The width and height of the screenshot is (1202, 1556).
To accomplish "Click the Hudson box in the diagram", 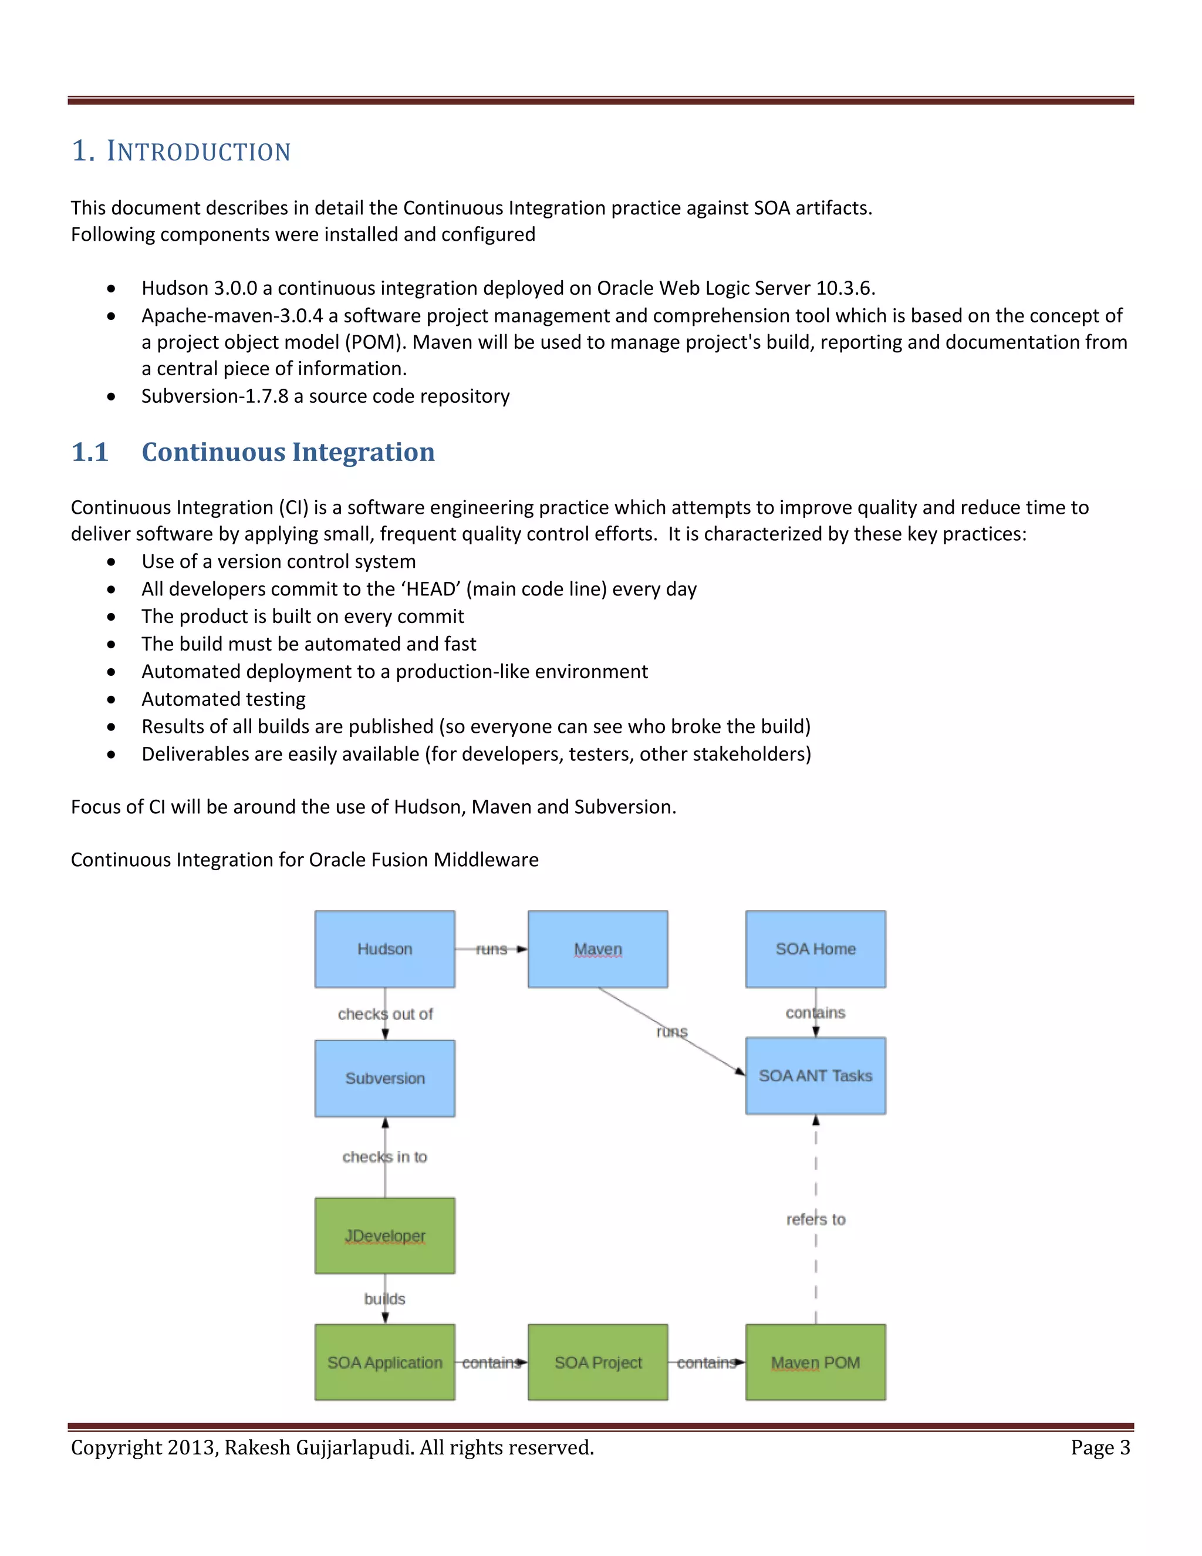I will click(384, 949).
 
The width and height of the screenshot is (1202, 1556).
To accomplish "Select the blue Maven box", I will click(597, 949).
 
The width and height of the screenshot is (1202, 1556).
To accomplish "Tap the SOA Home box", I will click(815, 949).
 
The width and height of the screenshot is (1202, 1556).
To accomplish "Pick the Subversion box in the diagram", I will click(384, 1078).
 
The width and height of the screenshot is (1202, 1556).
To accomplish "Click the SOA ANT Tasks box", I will click(815, 1075).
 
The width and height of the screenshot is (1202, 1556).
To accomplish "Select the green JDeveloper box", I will click(384, 1235).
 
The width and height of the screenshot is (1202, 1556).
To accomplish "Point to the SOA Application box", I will click(384, 1362).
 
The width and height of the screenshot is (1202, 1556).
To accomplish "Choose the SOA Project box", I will click(597, 1362).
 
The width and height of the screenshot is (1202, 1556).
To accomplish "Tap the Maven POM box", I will click(815, 1362).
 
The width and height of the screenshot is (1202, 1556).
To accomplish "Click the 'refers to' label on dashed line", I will click(815, 1219).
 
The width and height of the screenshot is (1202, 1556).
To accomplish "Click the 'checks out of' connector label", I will click(384, 1014).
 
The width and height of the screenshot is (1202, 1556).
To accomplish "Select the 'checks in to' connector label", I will click(384, 1156).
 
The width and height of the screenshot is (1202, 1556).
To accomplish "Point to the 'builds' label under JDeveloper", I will click(384, 1299).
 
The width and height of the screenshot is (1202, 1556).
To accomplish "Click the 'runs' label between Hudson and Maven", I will click(491, 949).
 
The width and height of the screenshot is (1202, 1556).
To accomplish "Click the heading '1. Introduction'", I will click(181, 151).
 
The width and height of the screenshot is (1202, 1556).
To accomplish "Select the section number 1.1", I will click(90, 452).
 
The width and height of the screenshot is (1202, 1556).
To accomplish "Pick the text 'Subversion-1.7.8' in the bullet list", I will click(214, 396).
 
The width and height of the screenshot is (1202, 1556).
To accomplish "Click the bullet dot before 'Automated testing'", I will click(111, 700).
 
